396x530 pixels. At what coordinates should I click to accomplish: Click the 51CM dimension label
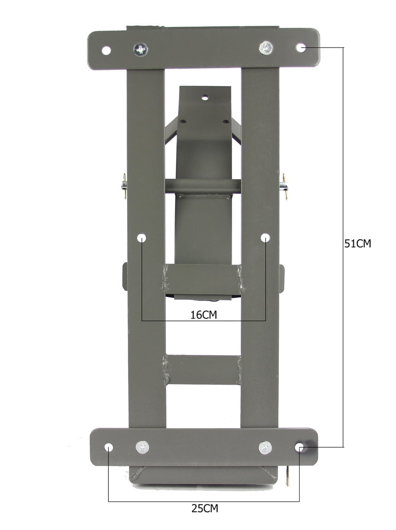358,243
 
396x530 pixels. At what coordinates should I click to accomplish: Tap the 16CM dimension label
204,315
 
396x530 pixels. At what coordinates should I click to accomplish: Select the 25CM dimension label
205,508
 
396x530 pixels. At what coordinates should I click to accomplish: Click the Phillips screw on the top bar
141,50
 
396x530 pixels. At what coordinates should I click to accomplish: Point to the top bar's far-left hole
106,51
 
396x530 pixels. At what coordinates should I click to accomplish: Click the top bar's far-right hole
300,48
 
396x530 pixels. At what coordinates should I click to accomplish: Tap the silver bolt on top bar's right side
266,48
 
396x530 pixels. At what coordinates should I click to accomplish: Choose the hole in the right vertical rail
265,238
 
